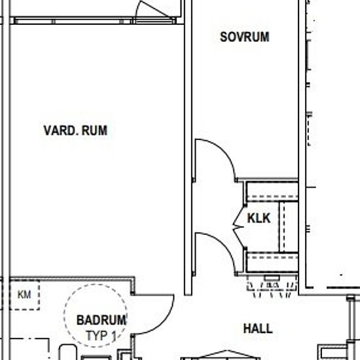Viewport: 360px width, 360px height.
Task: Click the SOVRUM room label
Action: coord(245,37)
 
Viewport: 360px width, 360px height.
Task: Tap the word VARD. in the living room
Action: coord(60,130)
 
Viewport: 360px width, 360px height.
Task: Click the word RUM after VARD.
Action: coord(94,130)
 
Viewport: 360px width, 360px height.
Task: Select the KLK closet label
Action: coord(259,218)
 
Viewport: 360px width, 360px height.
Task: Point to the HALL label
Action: coord(258,329)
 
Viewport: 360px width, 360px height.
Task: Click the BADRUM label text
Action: coord(101,320)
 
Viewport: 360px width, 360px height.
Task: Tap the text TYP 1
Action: coord(101,336)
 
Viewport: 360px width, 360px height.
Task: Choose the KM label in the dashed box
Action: coord(24,295)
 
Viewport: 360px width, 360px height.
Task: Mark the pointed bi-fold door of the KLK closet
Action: coord(238,227)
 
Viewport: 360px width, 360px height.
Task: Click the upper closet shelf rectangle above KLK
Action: coord(272,192)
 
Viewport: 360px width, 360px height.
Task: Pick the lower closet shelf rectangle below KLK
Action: coord(272,262)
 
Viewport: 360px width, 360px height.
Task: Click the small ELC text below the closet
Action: coord(273,285)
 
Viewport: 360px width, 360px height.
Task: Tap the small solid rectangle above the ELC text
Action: coord(272,278)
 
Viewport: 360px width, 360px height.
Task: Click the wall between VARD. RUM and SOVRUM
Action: coord(188,147)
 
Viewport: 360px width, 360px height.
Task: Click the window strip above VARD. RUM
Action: coord(94,21)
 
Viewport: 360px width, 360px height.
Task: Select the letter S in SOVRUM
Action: coord(223,37)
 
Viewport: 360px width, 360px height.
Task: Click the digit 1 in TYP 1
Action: coord(114,336)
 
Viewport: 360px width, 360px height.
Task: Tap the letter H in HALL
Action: coord(247,329)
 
